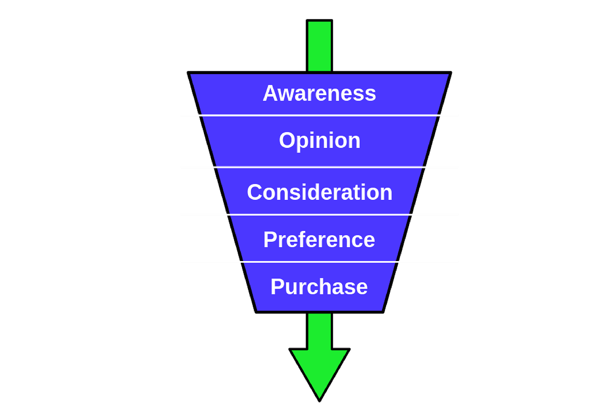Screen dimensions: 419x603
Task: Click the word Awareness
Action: point(319,93)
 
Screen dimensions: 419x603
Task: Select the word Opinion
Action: point(320,140)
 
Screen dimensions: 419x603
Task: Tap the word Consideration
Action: point(320,192)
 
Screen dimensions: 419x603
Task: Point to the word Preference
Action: point(319,240)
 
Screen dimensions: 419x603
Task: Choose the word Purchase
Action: point(319,287)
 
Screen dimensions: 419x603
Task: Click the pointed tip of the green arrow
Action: point(320,400)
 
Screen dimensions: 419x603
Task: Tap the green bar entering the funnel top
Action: point(320,46)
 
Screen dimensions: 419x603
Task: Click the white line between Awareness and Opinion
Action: point(320,115)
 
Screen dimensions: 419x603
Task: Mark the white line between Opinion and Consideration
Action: point(320,167)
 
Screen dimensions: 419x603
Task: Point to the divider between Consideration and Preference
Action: point(320,215)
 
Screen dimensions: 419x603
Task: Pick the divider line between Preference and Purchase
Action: point(320,262)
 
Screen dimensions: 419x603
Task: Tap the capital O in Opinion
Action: point(287,140)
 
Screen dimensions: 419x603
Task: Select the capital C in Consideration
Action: point(255,192)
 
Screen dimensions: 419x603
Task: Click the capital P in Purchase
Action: point(278,287)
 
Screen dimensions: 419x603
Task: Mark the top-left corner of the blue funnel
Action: point(188,73)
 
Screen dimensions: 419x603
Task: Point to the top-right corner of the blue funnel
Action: point(451,73)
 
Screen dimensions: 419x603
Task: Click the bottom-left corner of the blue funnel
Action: point(256,311)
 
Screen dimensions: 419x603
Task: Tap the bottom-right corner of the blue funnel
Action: point(383,311)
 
